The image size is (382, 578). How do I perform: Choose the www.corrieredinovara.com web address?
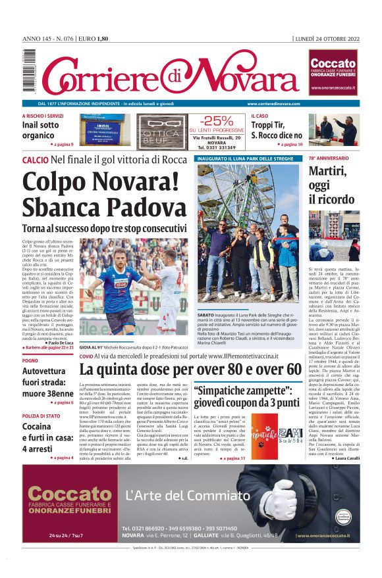(x=273, y=103)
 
